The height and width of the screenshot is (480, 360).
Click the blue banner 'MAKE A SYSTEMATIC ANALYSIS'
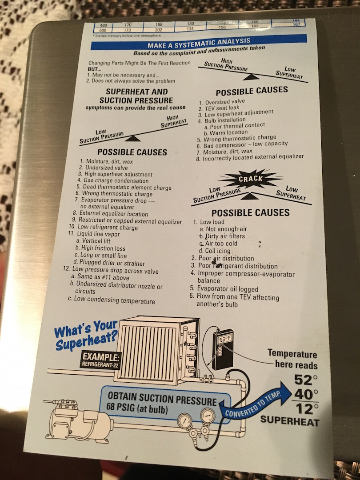(x=199, y=42)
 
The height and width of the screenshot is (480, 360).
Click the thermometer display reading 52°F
(x=225, y=339)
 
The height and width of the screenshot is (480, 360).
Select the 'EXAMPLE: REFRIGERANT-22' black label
(x=101, y=360)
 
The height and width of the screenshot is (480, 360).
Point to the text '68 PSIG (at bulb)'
(x=137, y=408)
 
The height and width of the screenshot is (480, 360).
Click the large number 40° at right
(x=306, y=393)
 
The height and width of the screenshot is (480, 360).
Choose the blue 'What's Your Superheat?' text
(x=86, y=335)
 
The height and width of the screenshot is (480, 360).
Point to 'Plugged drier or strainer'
(x=109, y=263)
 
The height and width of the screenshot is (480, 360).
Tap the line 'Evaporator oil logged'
(x=224, y=289)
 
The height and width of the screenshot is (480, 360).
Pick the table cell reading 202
(x=158, y=30)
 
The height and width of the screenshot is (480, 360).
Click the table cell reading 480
(x=103, y=25)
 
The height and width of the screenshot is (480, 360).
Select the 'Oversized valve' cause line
(x=222, y=102)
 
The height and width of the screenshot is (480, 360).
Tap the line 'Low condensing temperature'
(x=112, y=300)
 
